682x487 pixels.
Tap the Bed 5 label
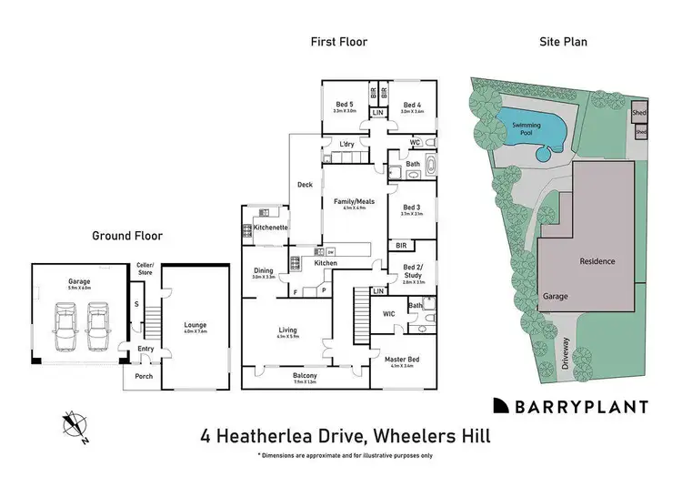344,106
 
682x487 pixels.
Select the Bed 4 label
414,106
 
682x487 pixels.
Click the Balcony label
305,376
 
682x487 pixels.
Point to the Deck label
306,185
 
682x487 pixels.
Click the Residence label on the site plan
597,261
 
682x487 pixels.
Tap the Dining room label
264,270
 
